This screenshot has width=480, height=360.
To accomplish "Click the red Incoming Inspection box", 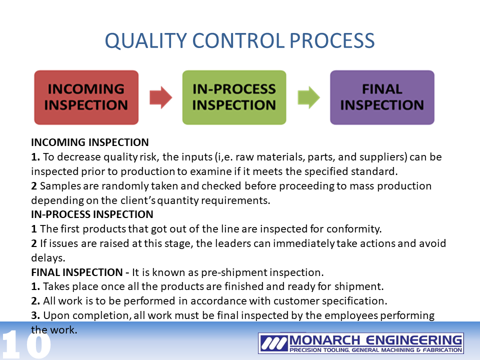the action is (86, 97).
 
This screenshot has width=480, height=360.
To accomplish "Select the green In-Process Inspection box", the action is (234, 97).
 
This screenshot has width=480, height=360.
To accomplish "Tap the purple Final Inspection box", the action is (382, 97).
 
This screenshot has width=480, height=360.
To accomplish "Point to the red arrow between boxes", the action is (160, 97).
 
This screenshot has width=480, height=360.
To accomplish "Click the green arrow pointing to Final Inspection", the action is (308, 97).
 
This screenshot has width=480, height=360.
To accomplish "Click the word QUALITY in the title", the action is (145, 40).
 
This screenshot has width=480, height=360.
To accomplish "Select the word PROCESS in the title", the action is (332, 40).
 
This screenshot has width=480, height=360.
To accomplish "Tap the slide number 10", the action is (25, 344).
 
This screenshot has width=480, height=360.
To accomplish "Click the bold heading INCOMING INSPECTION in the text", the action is (89, 142).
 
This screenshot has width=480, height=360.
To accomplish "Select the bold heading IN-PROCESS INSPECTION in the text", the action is (92, 214).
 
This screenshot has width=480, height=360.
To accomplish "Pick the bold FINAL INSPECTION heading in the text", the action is (77, 272).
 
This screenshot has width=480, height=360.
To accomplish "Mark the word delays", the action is (48, 258).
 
